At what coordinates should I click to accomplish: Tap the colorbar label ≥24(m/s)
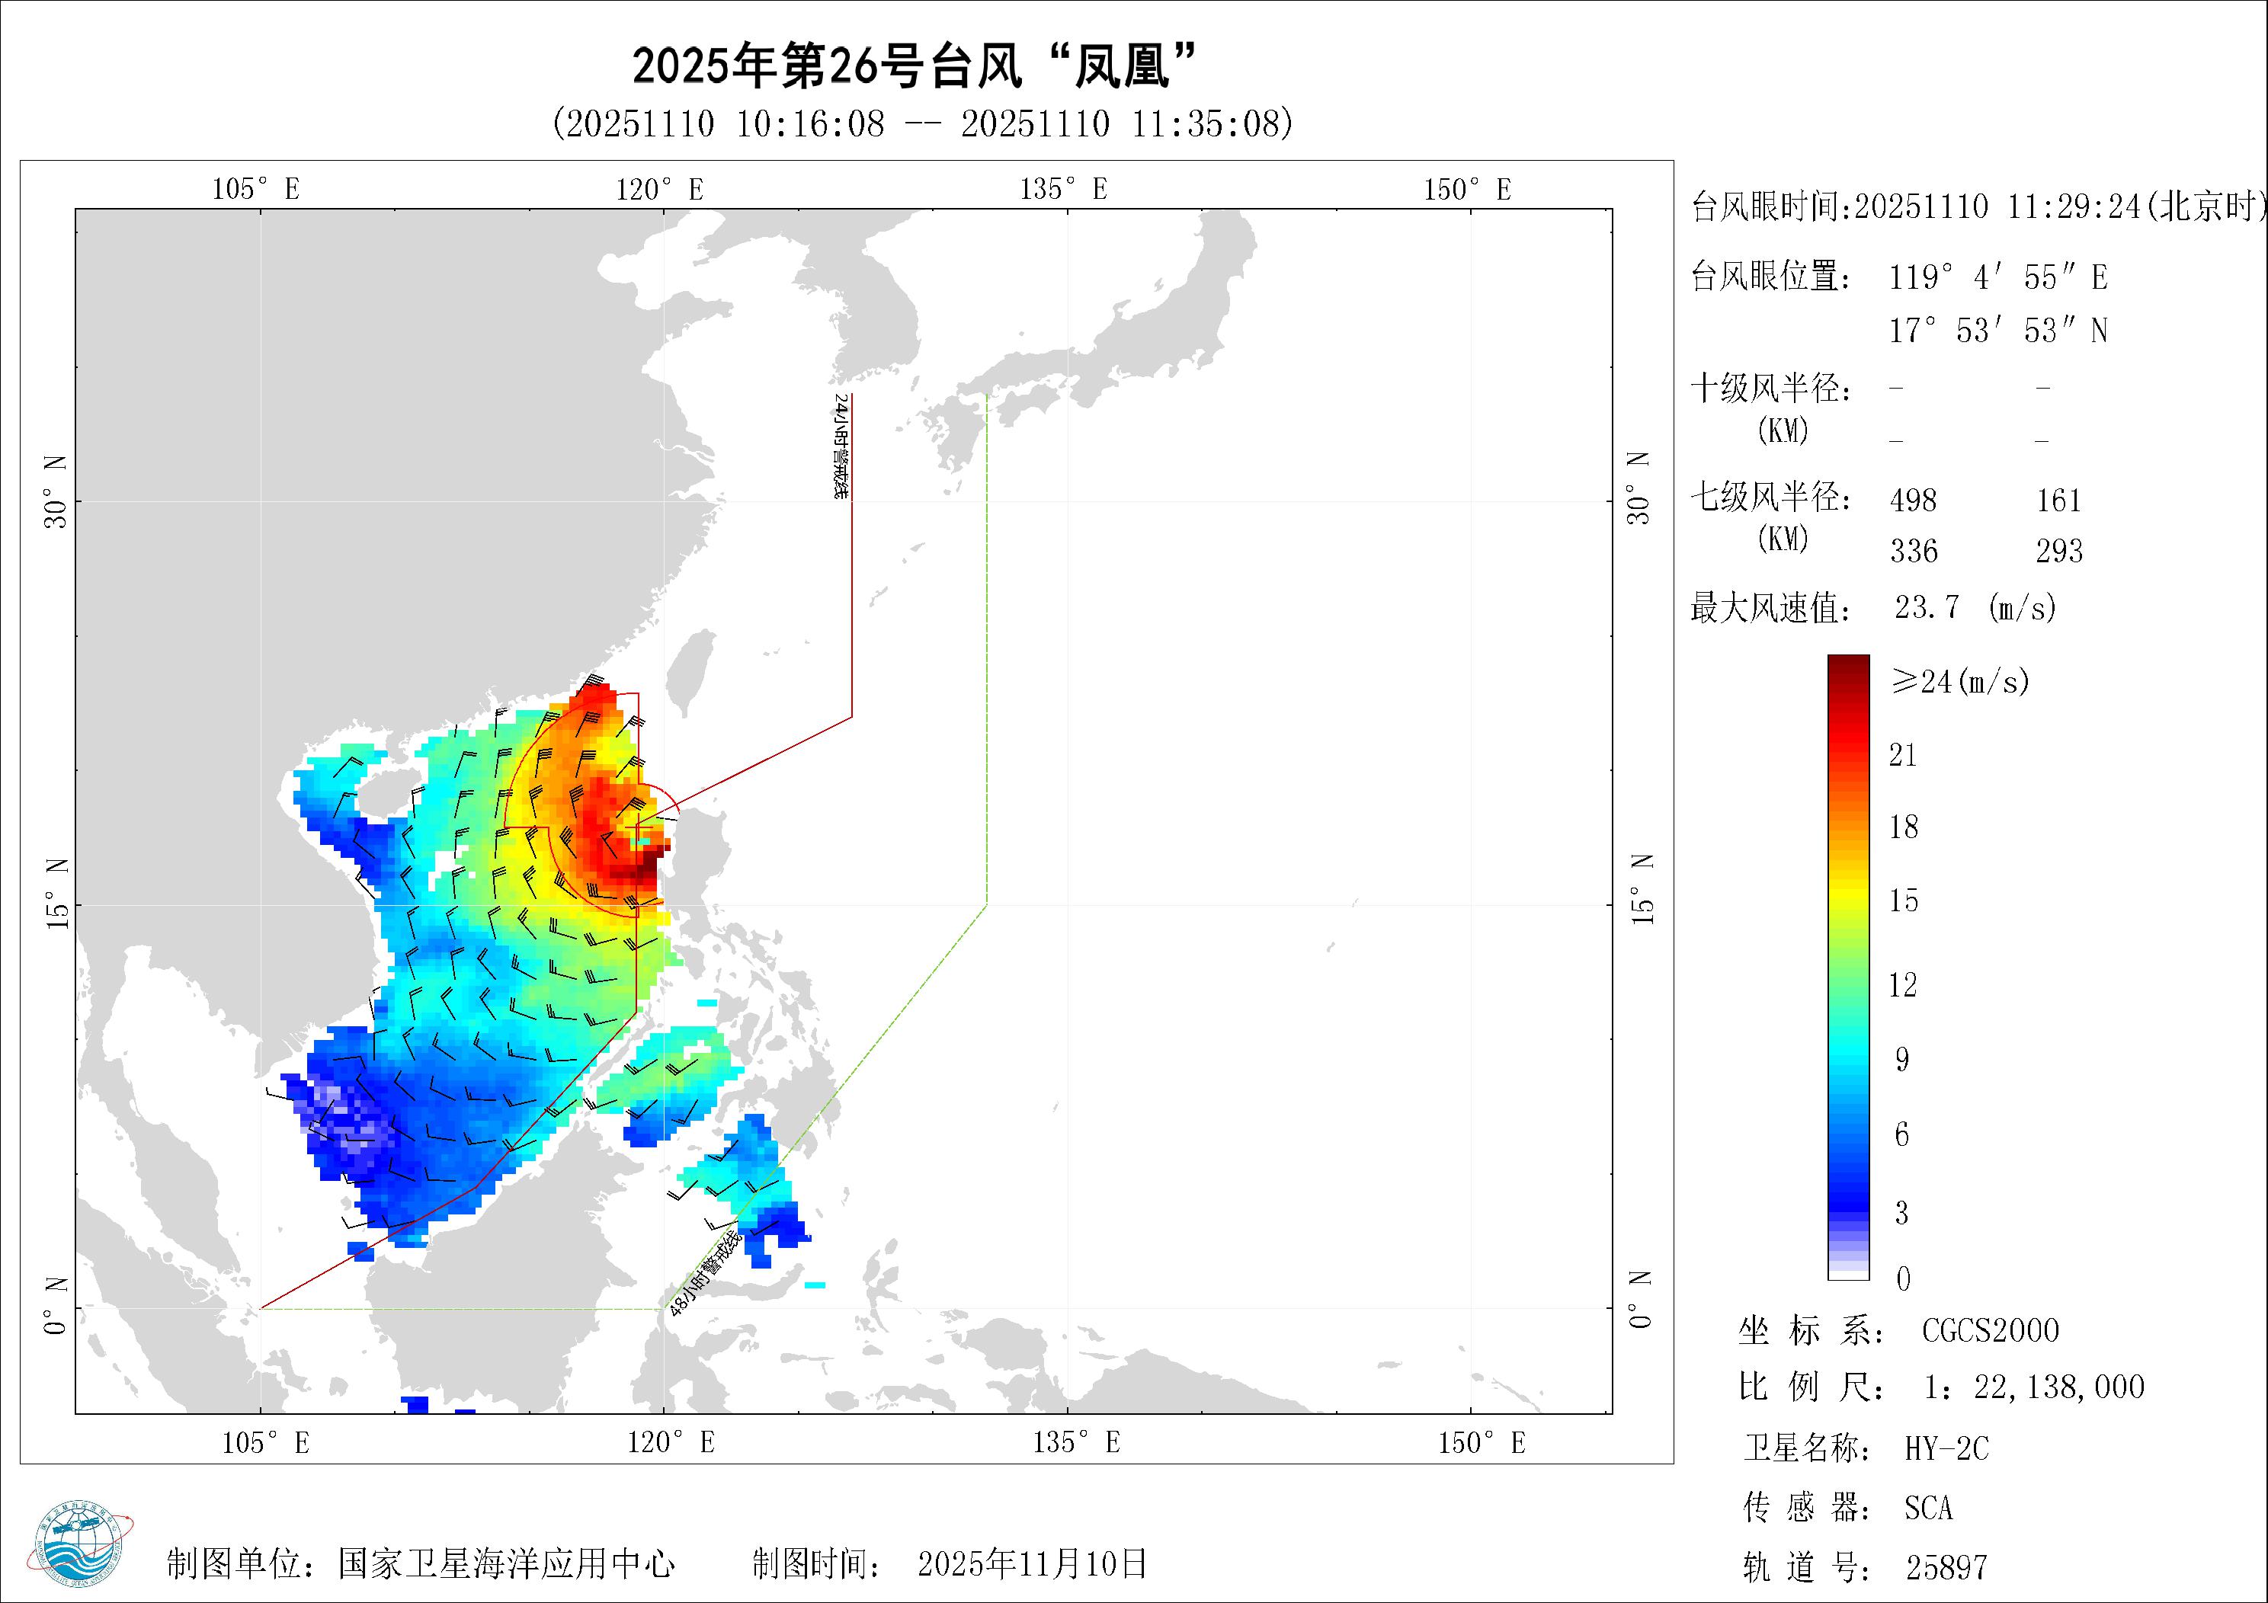(1960, 681)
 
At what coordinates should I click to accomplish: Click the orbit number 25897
(1946, 1567)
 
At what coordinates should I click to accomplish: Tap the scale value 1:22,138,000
(2034, 1387)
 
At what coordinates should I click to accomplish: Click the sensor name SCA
(1929, 1509)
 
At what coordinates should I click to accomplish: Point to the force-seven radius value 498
(1914, 500)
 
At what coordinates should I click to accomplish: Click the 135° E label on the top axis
(1063, 189)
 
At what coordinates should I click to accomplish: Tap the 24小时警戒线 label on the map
(841, 446)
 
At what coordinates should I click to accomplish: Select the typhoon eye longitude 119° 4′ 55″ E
(1998, 277)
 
